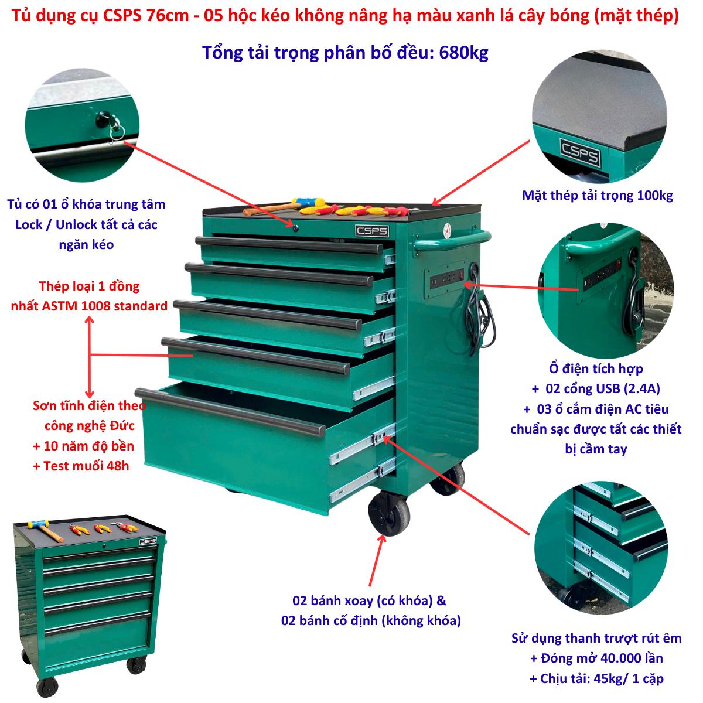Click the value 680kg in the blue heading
coord(463,53)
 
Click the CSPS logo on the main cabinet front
coord(372,231)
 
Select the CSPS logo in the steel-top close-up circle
coord(580,152)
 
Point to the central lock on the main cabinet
coord(295,228)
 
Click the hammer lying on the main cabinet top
coord(283,206)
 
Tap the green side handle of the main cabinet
coord(452,240)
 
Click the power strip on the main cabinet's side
coord(447,279)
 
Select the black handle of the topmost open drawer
coord(289,245)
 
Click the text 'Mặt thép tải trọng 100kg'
coord(598,196)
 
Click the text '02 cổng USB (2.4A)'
coord(603,388)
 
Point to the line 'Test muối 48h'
coord(86,466)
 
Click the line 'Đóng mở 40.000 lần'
coord(602,658)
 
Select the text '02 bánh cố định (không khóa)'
coord(371,620)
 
